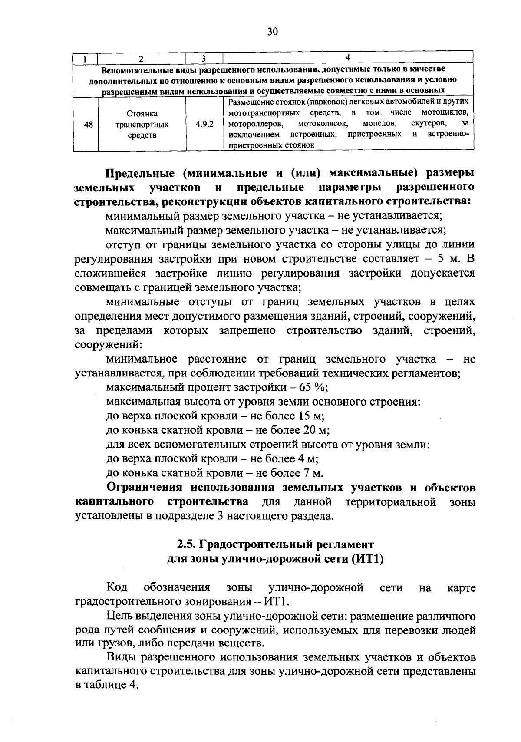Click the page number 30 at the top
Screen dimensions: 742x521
click(273, 32)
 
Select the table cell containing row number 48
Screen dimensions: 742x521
click(88, 125)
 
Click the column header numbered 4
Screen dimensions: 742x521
click(347, 58)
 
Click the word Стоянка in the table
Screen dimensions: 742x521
click(142, 114)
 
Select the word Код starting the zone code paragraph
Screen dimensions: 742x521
click(117, 588)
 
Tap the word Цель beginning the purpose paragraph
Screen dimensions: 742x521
click(118, 617)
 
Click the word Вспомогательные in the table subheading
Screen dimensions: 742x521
click(135, 69)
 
